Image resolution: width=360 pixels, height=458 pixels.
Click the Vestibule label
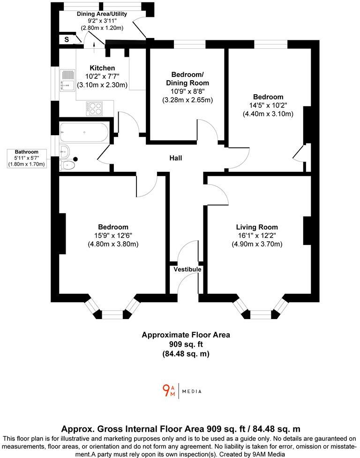(x=187, y=269)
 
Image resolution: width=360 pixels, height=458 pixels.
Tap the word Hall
(x=176, y=158)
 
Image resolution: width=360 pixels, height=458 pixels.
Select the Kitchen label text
(x=102, y=68)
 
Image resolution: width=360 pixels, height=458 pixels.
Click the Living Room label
(x=257, y=227)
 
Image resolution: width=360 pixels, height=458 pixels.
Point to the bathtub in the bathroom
(x=84, y=132)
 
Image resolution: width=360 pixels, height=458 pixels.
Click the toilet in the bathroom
(x=68, y=164)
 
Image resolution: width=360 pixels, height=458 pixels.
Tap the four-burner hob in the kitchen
(x=94, y=108)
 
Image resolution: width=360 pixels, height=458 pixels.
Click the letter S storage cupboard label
(x=67, y=40)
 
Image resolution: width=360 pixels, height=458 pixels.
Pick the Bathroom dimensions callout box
(x=26, y=158)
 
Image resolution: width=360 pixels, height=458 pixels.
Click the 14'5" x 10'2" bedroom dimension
(x=268, y=106)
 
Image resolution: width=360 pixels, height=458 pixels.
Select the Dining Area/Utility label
(x=102, y=14)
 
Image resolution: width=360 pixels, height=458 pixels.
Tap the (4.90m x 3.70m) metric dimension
(x=257, y=244)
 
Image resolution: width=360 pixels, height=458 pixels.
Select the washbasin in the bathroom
(x=65, y=151)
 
